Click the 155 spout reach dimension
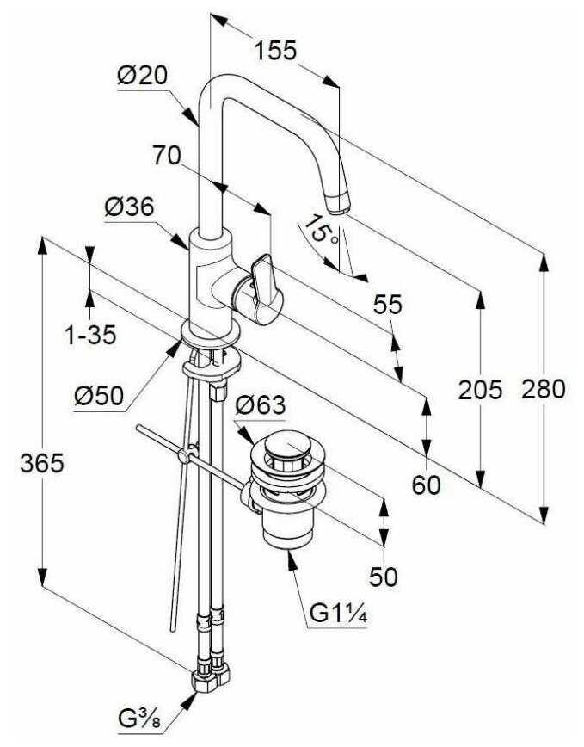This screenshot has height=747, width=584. (x=275, y=51)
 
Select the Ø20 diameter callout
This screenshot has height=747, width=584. (x=142, y=75)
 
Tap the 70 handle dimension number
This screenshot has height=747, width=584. (x=167, y=155)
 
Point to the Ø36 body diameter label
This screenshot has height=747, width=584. (x=130, y=207)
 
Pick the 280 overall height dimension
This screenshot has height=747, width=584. (x=543, y=389)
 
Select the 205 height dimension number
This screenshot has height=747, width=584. (x=480, y=390)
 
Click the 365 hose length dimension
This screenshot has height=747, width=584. (x=42, y=463)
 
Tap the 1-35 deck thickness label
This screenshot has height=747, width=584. (x=90, y=335)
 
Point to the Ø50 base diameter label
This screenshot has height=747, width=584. (x=99, y=395)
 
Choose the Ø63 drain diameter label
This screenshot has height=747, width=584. (x=261, y=405)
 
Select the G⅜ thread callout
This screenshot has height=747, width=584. (x=139, y=719)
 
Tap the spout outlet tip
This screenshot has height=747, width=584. (x=339, y=203)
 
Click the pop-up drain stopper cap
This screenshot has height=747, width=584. (x=285, y=447)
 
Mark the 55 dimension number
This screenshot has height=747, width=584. (x=387, y=305)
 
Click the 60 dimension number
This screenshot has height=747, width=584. (x=426, y=485)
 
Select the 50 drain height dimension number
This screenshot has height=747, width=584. (x=383, y=577)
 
